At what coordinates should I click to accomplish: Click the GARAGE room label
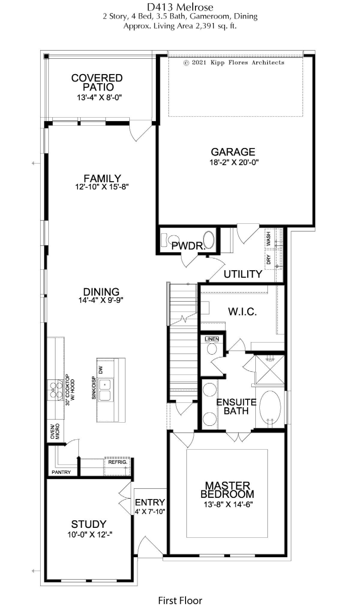pos(233,152)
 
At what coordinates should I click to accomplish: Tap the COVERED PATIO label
pos(97,82)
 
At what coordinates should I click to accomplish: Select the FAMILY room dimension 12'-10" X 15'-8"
pos(102,187)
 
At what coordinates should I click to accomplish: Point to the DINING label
pos(101,292)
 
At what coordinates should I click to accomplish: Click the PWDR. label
pos(188,246)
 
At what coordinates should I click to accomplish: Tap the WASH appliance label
pos(268,239)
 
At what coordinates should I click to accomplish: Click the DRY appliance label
pos(268,260)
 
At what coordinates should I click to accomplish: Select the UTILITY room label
pos(243,274)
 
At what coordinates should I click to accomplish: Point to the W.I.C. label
pos(242,312)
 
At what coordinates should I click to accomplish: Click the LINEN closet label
pos(212,339)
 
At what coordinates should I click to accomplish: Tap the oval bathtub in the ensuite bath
pos(270,408)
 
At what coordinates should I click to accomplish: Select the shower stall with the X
pos(270,369)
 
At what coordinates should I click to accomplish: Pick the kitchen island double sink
pos(105,390)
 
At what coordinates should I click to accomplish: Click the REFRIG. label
pos(118,462)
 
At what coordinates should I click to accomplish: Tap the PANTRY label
pos(61,472)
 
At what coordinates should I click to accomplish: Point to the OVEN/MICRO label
pos(55,432)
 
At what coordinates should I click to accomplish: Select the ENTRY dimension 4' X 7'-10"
pos(150,512)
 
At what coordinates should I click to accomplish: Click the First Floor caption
pos(180,592)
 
